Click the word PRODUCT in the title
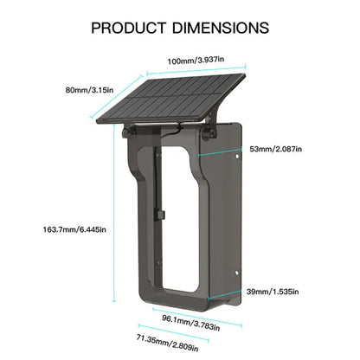[129, 28]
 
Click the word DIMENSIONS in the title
[221, 28]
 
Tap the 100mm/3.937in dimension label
[196, 61]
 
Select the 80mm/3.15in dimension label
[89, 90]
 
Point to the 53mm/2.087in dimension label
[276, 149]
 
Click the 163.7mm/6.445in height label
[74, 229]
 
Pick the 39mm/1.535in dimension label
[273, 292]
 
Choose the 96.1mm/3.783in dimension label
[190, 323]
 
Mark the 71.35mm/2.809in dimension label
[167, 343]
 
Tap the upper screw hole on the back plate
[237, 157]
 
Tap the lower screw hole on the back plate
[236, 273]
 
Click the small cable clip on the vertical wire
[160, 215]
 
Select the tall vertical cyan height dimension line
[114, 213]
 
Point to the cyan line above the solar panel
[196, 70]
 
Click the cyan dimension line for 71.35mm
[173, 333]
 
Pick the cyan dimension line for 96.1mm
[197, 318]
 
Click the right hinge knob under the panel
[209, 134]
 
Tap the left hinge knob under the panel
[127, 132]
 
